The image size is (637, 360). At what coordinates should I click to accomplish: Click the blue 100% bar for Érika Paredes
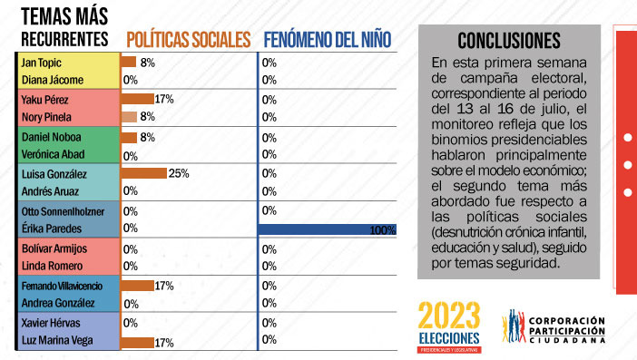point(328,229)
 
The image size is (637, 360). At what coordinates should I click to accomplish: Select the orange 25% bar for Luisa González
point(143,173)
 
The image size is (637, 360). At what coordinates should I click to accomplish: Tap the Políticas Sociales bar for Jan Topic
point(128,62)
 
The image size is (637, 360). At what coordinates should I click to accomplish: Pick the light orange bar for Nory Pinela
point(129,117)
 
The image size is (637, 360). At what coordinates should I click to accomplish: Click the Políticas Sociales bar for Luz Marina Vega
point(137,343)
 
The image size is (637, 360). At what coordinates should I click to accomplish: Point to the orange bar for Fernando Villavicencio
point(137,286)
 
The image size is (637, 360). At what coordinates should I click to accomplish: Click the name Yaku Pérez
point(44,100)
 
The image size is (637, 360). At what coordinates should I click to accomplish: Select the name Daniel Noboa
point(51,137)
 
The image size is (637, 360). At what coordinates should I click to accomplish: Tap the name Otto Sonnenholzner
point(63,211)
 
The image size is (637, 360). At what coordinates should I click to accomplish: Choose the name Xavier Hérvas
point(51,323)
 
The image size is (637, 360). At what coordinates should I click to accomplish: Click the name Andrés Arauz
point(50,191)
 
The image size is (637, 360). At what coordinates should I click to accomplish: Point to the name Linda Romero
point(52,266)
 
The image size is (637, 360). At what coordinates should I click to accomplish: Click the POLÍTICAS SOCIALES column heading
point(189,40)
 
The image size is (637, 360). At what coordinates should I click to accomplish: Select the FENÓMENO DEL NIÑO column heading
point(328,40)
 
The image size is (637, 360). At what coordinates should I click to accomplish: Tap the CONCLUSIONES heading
point(509,41)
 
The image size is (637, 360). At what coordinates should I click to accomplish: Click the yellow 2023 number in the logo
point(449,315)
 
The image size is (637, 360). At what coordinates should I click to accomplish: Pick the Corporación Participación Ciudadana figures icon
point(514,326)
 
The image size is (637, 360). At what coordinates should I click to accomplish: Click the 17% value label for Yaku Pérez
point(164,99)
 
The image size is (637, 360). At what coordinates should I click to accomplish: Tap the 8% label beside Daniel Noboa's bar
point(148,137)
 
